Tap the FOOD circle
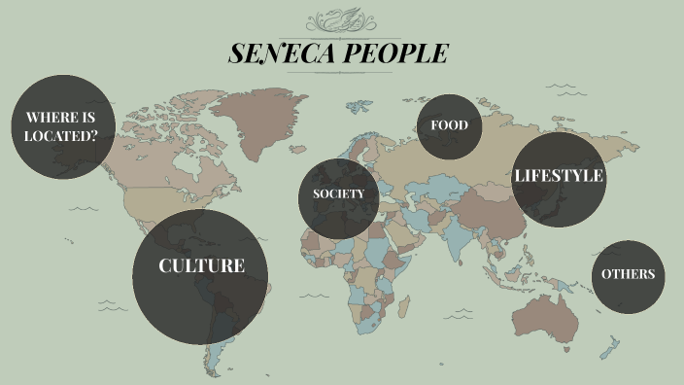pos(449,125)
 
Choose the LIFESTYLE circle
pos(559,179)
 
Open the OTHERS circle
pos(628,275)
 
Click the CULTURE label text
pos(201,265)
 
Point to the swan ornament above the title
pos(341,21)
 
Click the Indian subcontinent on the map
pos(458,237)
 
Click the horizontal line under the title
pos(340,73)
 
